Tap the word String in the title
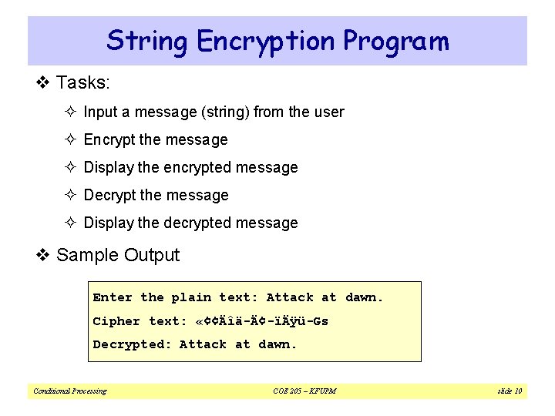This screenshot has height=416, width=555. click(146, 40)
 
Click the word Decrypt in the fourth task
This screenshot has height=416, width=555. click(109, 195)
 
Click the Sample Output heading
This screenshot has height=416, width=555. click(118, 255)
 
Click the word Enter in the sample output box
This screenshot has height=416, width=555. click(113, 297)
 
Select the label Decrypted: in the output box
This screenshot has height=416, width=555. click(132, 344)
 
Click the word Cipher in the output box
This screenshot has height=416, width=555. click(116, 321)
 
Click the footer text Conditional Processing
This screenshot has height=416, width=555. click(70, 391)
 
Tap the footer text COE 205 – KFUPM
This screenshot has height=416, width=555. click(304, 391)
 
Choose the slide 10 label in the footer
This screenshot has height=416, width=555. click(509, 391)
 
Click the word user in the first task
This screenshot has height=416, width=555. click(328, 112)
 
